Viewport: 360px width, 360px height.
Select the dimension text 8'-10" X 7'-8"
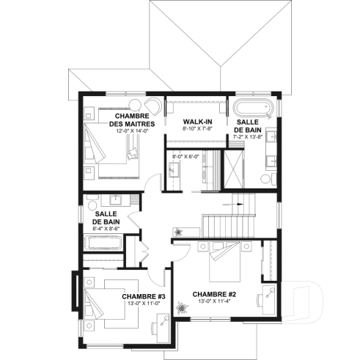196,128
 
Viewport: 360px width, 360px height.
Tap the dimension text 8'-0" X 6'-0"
185,156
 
